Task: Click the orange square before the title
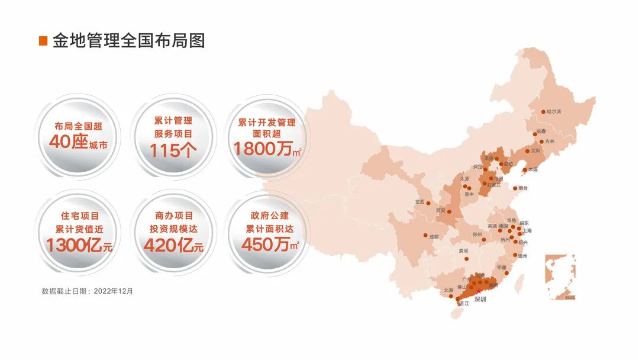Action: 43,41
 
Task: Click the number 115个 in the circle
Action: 173,150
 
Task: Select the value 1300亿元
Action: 79,245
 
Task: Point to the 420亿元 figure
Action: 173,245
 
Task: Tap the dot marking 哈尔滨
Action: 543,111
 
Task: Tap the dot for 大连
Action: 525,170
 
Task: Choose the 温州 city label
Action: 522,256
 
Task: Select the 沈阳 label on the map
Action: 535,151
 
